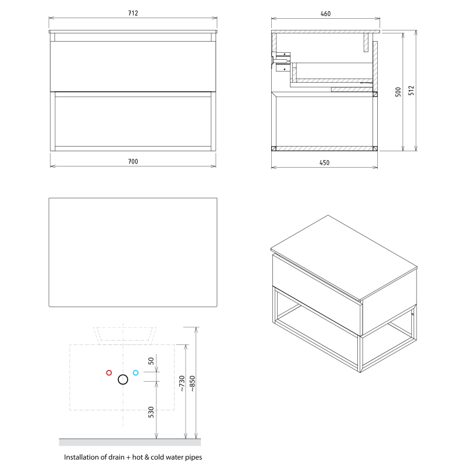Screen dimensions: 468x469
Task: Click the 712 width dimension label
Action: point(133,13)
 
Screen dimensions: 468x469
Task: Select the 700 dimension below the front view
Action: point(133,162)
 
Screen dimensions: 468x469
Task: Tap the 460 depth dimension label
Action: point(326,13)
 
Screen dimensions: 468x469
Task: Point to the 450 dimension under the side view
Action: point(324,163)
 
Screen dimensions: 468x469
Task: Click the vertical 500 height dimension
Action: point(398,92)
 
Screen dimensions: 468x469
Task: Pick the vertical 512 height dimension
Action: point(411,90)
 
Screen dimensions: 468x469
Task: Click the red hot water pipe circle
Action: point(109,373)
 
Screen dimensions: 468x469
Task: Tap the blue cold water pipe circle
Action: point(136,373)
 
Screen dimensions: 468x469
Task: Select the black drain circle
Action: point(123,379)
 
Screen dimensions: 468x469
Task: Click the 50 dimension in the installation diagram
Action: point(151,361)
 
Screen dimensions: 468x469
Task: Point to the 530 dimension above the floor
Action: point(151,412)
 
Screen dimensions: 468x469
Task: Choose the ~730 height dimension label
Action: point(182,383)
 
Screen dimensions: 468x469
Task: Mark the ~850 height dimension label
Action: point(193,383)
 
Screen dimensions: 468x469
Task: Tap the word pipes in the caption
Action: point(193,458)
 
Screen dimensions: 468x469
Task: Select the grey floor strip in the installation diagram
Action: point(130,443)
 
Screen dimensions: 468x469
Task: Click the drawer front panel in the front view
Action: point(133,66)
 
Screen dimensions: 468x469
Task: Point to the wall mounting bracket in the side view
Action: point(281,62)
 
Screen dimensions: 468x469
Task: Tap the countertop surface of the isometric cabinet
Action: point(344,257)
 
